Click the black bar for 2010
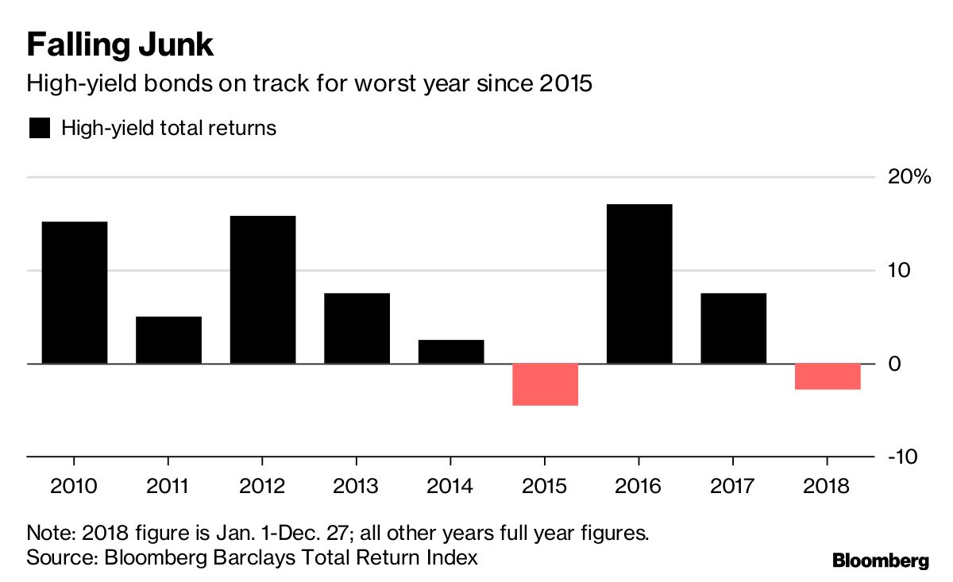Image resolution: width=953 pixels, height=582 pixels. point(74,292)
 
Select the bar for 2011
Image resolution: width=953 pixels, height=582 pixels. point(168,340)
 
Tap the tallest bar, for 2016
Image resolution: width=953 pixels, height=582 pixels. point(639,283)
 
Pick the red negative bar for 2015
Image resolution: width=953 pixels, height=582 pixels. point(545,384)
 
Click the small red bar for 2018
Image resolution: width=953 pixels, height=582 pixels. point(828,376)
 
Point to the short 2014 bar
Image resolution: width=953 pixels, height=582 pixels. point(451,352)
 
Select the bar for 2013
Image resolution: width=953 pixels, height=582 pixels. point(357,328)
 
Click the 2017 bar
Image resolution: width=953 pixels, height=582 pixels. point(734,328)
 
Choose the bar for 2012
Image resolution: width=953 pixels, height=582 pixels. point(263,290)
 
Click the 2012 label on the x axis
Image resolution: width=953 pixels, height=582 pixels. point(262,486)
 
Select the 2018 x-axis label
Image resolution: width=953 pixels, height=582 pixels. point(828,486)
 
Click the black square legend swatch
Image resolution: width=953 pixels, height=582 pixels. point(40,128)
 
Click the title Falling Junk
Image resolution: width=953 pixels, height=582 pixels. point(120,44)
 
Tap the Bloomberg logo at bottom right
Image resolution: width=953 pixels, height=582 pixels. point(880,561)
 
